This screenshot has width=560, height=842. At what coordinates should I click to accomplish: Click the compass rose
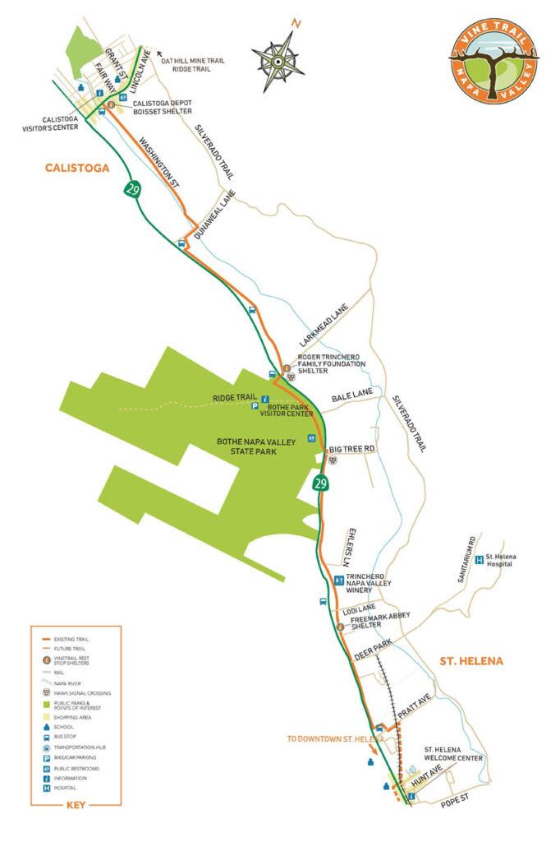click(279, 58)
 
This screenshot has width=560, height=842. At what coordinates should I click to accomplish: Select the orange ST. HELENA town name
click(470, 660)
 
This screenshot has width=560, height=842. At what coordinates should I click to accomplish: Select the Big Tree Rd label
click(351, 449)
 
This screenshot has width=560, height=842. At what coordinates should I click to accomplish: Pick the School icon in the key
click(46, 727)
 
